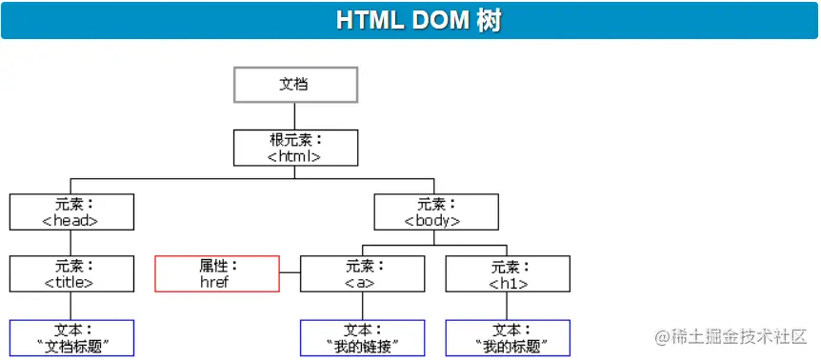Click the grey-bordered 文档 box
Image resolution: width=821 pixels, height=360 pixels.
click(x=295, y=84)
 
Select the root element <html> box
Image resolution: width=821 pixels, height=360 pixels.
click(x=295, y=148)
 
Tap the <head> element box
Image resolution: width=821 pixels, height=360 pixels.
click(x=71, y=212)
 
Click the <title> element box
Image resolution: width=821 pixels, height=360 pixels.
click(x=71, y=273)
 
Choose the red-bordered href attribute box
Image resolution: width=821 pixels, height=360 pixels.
click(x=217, y=273)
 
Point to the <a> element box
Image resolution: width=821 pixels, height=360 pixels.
click(x=362, y=273)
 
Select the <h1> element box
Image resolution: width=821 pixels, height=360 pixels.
click(x=508, y=273)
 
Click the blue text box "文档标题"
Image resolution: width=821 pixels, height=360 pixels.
click(x=71, y=338)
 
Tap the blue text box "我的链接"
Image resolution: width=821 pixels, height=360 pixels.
click(x=362, y=338)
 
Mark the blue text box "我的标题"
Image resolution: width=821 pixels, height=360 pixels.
click(x=508, y=338)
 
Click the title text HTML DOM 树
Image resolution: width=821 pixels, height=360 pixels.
click(x=418, y=21)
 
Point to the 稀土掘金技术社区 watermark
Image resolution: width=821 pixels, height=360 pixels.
click(x=731, y=337)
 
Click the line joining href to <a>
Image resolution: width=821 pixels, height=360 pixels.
click(x=290, y=272)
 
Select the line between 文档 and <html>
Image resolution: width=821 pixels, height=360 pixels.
click(x=295, y=116)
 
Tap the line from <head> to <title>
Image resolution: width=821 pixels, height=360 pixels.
click(x=70, y=243)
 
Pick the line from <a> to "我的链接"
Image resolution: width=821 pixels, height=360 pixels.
click(x=362, y=306)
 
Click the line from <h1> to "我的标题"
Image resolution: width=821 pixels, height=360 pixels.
click(x=507, y=306)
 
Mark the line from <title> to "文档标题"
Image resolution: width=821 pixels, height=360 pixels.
click(x=70, y=306)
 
